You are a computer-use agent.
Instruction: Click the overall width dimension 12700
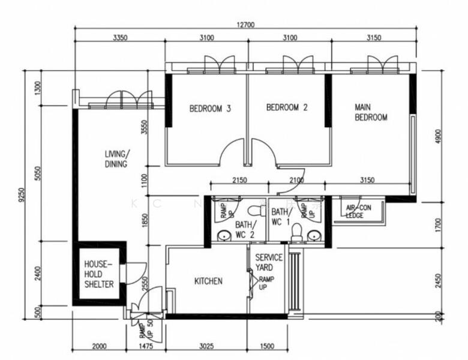pos(246,25)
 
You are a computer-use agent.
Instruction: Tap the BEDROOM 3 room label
pos(210,109)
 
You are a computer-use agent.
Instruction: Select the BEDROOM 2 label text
pos(287,108)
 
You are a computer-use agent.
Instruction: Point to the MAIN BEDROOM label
pos(371,113)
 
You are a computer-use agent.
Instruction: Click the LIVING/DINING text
pos(116,158)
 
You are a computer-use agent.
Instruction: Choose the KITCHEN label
pos(208,281)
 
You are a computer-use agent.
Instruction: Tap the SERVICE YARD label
pos(269,262)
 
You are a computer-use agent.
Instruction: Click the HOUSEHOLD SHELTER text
pos(98,274)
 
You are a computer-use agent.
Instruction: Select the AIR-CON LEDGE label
pos(359,211)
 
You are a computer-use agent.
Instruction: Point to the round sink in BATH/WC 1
pos(313,236)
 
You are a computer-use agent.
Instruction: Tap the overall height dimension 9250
pos(22,195)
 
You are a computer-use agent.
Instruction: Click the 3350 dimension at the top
pos(120,38)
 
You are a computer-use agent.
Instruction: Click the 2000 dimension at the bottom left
pos(100,346)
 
